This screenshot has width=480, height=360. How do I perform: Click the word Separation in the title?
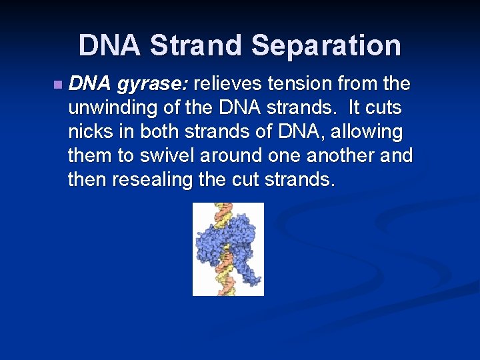(326, 45)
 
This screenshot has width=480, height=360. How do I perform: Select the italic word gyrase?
(154, 85)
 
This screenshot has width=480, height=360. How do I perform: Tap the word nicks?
(89, 132)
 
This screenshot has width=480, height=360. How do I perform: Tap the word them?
(91, 156)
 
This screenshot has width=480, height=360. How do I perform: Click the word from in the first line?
(369, 85)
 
